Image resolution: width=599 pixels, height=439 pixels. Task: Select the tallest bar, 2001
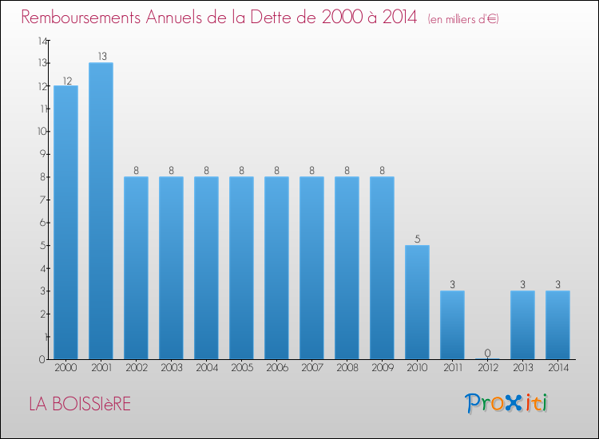pyautogui.click(x=101, y=211)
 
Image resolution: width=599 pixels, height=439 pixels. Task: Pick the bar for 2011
pyautogui.click(x=452, y=325)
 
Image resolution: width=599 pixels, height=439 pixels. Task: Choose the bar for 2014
pyautogui.click(x=557, y=325)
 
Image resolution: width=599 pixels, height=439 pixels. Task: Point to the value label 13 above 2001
pyautogui.click(x=101, y=57)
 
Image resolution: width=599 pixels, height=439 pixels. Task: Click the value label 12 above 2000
pyautogui.click(x=65, y=80)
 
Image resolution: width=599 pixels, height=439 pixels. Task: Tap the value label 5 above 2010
pyautogui.click(x=417, y=239)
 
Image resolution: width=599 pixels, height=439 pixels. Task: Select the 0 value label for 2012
pyautogui.click(x=487, y=353)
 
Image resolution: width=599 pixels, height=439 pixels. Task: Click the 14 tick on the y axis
pyautogui.click(x=42, y=40)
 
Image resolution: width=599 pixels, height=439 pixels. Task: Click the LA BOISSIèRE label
pyautogui.click(x=80, y=404)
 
